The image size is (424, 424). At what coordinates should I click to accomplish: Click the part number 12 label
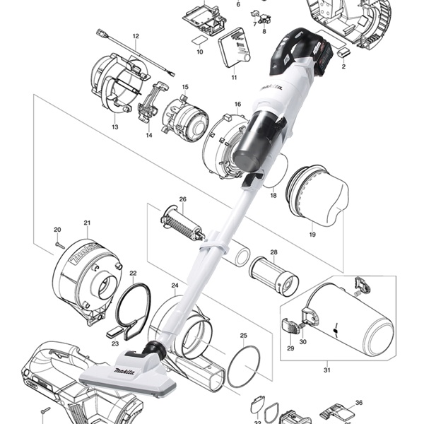[135, 35]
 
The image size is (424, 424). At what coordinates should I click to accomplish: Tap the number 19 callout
[311, 233]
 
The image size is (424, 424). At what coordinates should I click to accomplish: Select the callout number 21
[87, 223]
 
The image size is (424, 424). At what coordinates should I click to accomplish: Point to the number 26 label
[182, 199]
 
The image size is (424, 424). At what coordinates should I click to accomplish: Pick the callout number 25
[243, 336]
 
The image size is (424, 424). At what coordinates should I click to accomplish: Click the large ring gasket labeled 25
[245, 366]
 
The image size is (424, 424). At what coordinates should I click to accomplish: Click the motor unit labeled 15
[185, 118]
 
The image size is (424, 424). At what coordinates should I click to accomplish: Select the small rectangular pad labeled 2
[344, 52]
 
